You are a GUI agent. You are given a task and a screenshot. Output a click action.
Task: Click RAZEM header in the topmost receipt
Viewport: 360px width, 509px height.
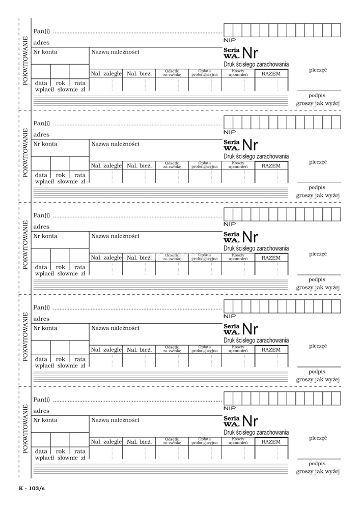(x=271, y=74)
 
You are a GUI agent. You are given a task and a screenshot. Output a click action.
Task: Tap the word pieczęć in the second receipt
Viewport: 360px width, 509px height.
(x=318, y=162)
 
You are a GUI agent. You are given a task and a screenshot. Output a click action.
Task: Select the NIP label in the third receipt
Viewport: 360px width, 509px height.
(x=230, y=224)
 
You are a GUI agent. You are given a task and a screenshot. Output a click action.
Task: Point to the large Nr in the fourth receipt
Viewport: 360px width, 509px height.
(x=250, y=328)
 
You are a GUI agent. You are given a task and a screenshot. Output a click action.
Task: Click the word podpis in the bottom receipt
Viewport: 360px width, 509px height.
(x=317, y=464)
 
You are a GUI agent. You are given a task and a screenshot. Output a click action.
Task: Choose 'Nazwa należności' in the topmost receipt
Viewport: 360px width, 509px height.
(x=115, y=52)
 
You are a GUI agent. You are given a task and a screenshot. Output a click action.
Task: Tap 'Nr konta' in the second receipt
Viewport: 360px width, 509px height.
(x=45, y=144)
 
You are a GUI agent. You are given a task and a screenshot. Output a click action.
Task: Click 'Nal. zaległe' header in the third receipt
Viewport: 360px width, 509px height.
(x=106, y=258)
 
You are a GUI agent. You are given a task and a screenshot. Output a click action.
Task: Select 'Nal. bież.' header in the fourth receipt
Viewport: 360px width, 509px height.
(x=140, y=350)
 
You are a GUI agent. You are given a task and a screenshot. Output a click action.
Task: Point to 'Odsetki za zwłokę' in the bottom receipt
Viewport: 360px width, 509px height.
(x=172, y=441)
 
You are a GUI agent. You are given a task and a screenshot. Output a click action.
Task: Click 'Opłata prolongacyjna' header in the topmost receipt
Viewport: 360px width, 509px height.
(x=205, y=73)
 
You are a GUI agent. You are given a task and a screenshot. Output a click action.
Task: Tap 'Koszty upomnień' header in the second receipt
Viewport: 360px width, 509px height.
(x=238, y=165)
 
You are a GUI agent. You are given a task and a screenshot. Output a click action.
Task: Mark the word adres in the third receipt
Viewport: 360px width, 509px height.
(x=41, y=227)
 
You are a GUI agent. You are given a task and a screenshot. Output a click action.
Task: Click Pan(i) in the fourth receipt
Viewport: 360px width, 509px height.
(x=41, y=307)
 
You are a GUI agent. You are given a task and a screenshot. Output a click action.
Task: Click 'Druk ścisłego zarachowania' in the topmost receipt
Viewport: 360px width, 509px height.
(x=256, y=65)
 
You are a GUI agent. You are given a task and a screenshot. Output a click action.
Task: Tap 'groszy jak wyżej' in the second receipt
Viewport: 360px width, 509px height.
(x=318, y=195)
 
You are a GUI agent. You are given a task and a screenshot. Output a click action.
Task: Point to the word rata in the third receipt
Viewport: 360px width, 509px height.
(x=80, y=267)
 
